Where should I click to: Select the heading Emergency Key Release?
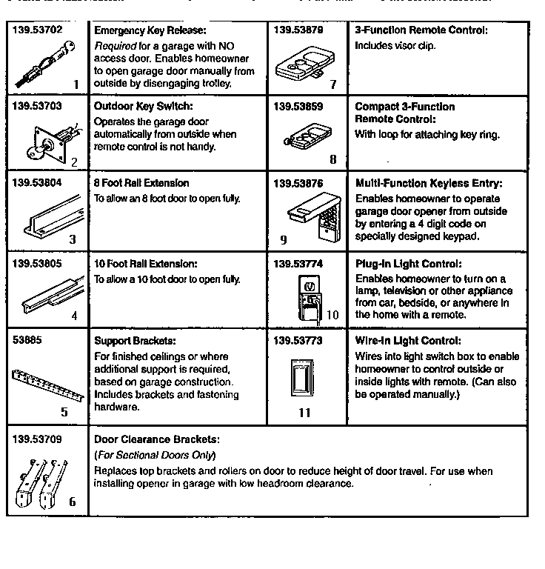coord(150,31)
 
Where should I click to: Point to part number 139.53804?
coord(37,183)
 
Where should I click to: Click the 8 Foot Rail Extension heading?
coord(141,183)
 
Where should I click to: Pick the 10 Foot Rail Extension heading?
coord(145,264)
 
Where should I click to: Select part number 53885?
coord(28,341)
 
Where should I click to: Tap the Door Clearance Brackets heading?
coord(156,439)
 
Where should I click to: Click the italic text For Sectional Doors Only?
coord(155,455)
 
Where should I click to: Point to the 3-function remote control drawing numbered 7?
coord(302,67)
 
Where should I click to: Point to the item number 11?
coord(304,413)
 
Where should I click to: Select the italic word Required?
coord(115,45)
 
